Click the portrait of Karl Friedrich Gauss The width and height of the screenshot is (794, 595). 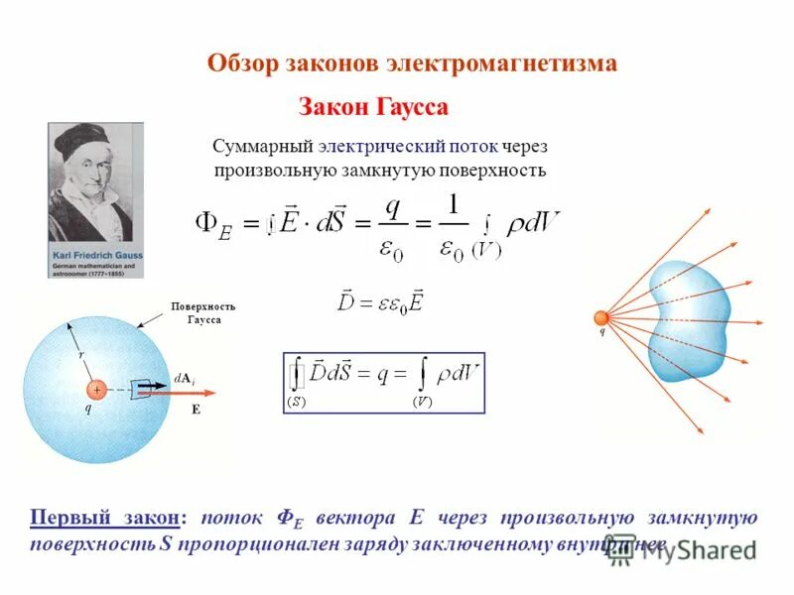(95, 184)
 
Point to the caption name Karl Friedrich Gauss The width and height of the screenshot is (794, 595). (96, 256)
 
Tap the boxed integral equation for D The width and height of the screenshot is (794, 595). (384, 382)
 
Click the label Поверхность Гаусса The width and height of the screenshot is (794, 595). (203, 313)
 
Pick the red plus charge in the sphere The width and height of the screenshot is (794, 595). (97, 390)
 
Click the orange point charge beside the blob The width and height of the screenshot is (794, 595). (601, 317)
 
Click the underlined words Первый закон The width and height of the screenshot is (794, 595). (106, 518)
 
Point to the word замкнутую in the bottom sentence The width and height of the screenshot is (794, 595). (703, 518)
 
